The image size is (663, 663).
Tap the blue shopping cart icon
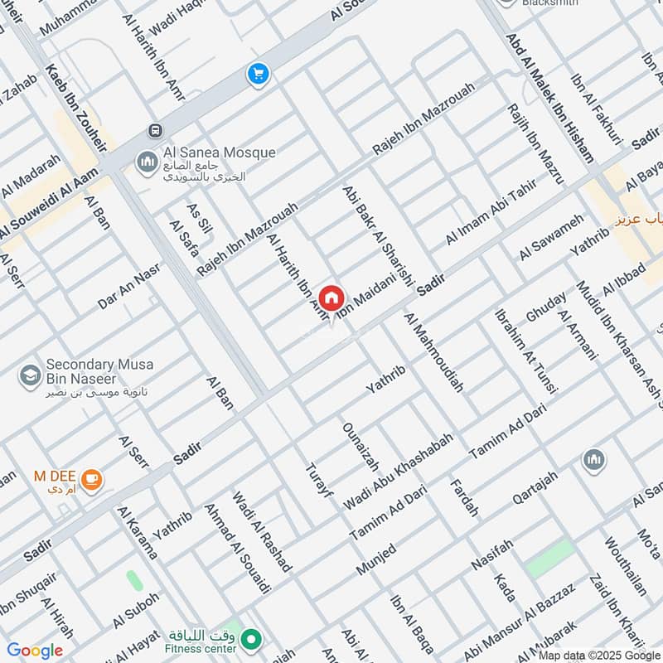point(258,75)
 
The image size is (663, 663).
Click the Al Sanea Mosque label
point(219,153)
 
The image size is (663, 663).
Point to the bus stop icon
point(154,130)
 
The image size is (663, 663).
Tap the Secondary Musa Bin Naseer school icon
point(30,375)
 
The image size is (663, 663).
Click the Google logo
point(34,651)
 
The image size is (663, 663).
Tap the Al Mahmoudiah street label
point(433,351)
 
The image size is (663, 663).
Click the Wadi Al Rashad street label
point(262,531)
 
